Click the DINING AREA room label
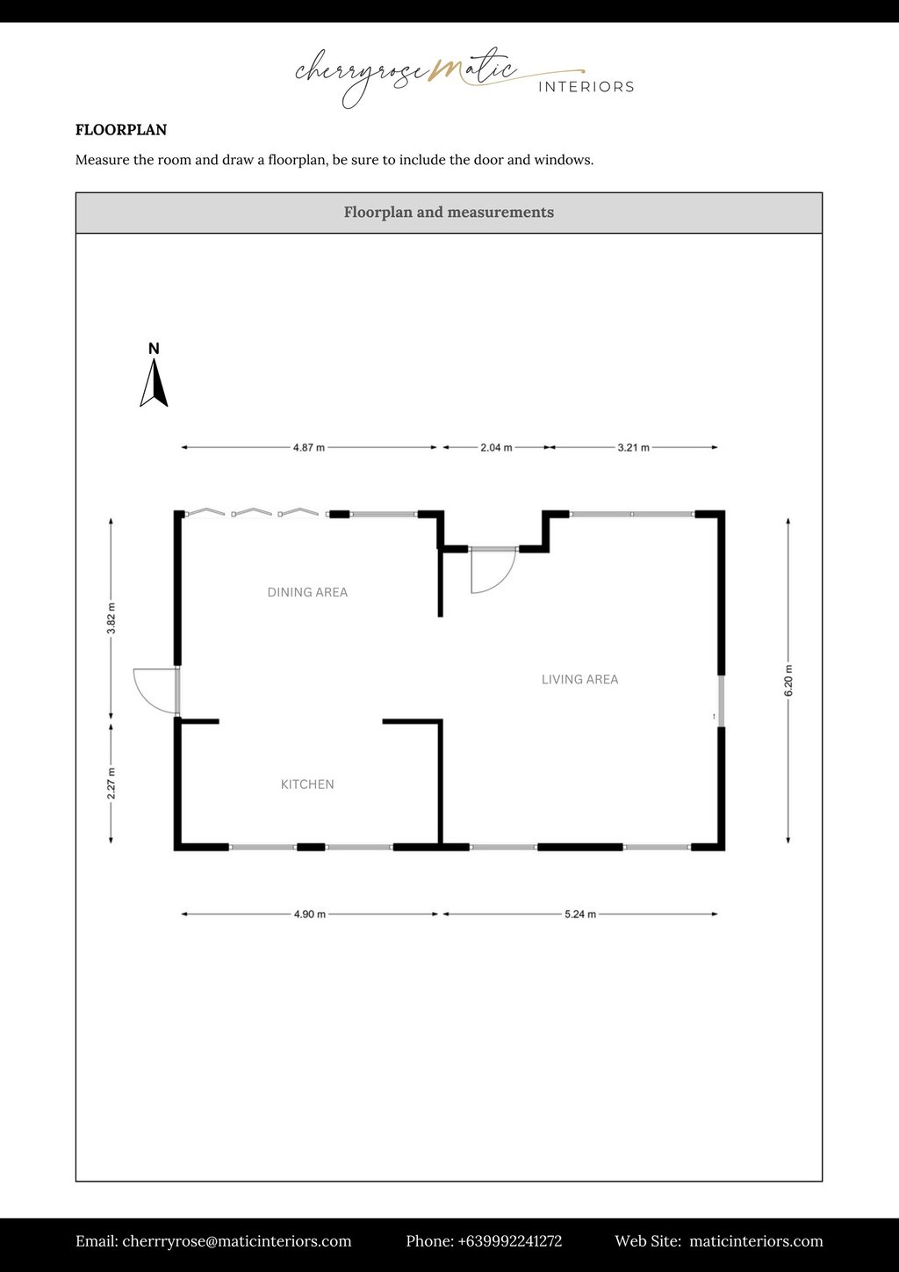307,593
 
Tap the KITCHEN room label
307,784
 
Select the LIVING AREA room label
579,680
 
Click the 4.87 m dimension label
309,448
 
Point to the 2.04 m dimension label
496,448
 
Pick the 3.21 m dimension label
633,448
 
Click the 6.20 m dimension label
788,681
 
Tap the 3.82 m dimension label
111,618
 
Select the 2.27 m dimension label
111,784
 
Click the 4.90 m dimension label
309,914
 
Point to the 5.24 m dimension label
579,914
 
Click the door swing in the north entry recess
492,571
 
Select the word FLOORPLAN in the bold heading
121,130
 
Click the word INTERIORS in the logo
586,87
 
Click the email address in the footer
237,1241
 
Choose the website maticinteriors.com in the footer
756,1241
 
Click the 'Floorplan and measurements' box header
449,213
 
